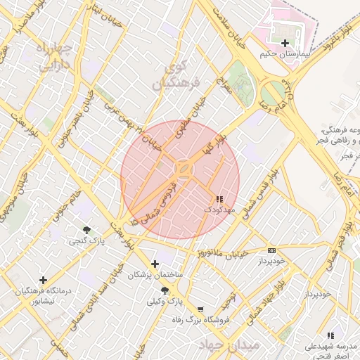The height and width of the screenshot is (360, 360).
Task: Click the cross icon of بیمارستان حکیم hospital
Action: [285, 44]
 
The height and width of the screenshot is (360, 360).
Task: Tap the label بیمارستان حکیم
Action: [285, 54]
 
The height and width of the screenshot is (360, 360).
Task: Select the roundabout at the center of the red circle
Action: [184, 169]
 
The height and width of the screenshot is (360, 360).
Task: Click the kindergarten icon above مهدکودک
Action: [219, 199]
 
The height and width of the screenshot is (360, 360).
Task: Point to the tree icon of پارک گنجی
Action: [86, 230]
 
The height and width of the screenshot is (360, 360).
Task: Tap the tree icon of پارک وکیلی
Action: [165, 290]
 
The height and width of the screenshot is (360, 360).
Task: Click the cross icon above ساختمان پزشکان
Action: [155, 264]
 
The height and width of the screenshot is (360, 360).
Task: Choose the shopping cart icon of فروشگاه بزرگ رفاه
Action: [200, 309]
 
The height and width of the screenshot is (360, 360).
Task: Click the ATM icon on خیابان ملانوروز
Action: [272, 250]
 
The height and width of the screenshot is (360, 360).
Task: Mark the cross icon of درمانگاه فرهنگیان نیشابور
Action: [43, 280]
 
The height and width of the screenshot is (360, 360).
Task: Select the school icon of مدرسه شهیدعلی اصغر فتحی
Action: [330, 335]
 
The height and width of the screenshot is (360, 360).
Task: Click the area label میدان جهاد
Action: [229, 345]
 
